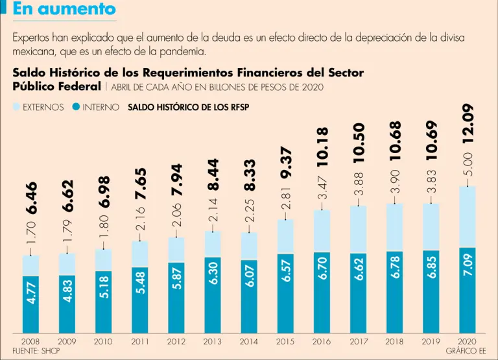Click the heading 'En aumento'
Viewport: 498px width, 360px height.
pyautogui.click(x=64, y=9)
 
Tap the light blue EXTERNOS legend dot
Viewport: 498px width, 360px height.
pyautogui.click(x=17, y=108)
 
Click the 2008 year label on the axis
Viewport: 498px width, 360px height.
pyautogui.click(x=30, y=341)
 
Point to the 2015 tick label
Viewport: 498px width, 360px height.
pyautogui.click(x=285, y=341)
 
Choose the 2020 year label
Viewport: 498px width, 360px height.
pyautogui.click(x=467, y=341)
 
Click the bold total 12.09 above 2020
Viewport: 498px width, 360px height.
pyautogui.click(x=468, y=123)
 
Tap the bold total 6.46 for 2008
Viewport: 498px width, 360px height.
pyautogui.click(x=31, y=197)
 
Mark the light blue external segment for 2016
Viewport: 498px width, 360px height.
pyautogui.click(x=322, y=230)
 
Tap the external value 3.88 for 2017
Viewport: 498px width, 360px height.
pyautogui.click(x=359, y=184)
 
